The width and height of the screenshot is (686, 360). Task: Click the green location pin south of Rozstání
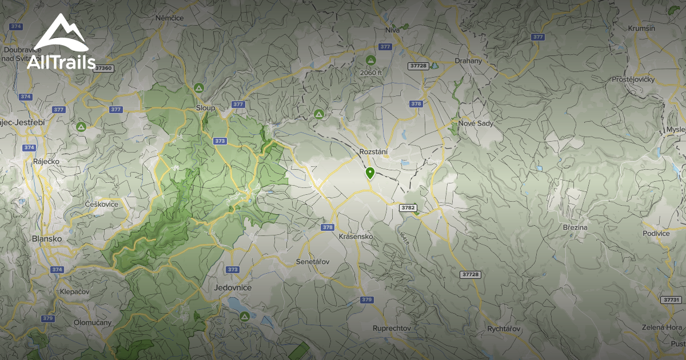pos(370,173)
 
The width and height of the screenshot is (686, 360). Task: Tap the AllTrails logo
pos(61,43)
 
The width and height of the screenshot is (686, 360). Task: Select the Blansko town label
pos(47,239)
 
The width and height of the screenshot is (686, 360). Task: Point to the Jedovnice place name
pos(233,287)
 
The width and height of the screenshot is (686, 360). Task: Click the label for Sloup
pos(205,107)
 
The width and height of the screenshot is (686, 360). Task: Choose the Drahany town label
pos(468,61)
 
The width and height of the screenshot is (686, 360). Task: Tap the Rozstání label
pos(374,152)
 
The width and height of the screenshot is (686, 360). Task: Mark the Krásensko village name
pos(356,236)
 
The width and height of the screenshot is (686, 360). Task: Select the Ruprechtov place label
pos(392,328)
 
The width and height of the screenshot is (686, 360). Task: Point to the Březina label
pos(575,227)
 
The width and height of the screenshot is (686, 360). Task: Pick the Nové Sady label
pos(475,123)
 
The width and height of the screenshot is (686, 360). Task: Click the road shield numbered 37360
pos(104,68)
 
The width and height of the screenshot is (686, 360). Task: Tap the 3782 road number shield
pos(409,207)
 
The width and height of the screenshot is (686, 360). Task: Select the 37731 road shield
pos(671,299)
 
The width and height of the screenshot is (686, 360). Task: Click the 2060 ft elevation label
pos(370,73)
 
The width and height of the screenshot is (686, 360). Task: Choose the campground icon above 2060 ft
pos(370,60)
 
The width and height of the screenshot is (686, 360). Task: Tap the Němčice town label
pos(169,18)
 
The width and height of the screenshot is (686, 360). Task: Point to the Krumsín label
pos(641,28)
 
